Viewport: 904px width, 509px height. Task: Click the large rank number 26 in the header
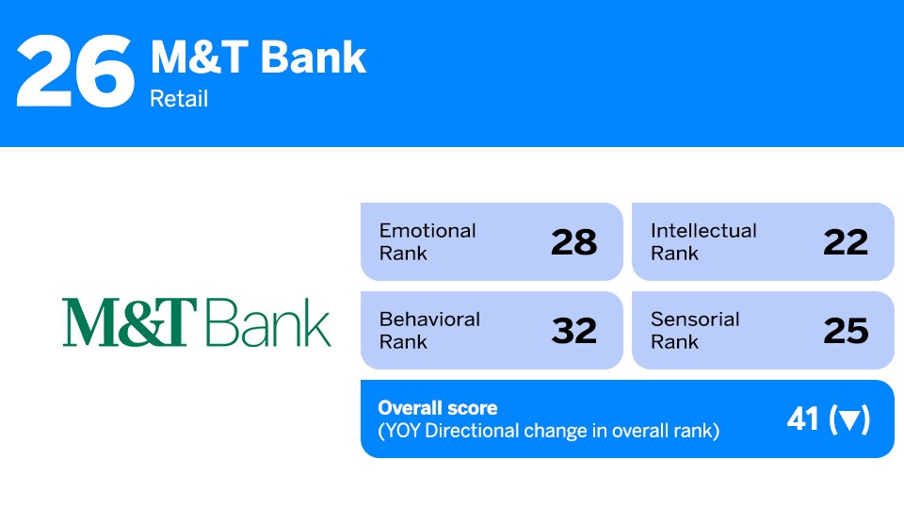(x=75, y=72)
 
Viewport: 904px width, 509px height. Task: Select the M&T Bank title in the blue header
(x=258, y=57)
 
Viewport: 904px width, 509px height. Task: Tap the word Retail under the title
(x=179, y=98)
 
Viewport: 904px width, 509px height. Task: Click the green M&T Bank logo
(x=197, y=322)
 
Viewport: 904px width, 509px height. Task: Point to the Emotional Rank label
(x=428, y=241)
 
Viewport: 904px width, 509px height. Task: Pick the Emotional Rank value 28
(x=573, y=242)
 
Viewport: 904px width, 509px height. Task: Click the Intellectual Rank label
(x=702, y=241)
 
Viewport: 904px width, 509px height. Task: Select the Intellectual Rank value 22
(x=845, y=242)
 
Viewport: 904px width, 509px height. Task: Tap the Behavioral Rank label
(x=429, y=330)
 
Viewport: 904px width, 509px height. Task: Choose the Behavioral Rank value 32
(x=573, y=331)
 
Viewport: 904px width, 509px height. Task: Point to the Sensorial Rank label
(x=695, y=330)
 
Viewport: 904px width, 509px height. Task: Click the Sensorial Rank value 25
(x=845, y=331)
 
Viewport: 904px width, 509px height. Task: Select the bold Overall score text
(x=437, y=408)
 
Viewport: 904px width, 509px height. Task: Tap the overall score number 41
(x=803, y=419)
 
